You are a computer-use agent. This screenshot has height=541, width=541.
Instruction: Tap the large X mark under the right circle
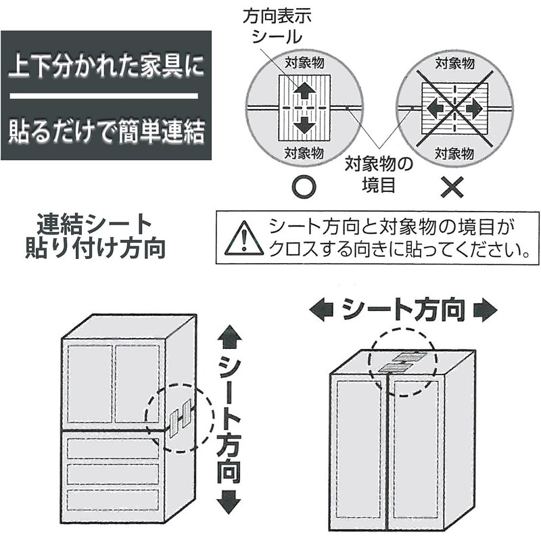click(x=452, y=185)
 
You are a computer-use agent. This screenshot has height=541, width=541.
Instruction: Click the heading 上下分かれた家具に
click(x=105, y=70)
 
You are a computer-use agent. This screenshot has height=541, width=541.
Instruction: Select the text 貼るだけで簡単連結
click(x=105, y=131)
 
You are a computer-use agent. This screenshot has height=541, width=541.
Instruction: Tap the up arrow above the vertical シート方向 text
click(x=231, y=335)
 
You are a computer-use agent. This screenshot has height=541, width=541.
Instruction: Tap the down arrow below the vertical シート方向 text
click(x=231, y=501)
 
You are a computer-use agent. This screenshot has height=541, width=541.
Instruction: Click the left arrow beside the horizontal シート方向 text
click(x=322, y=310)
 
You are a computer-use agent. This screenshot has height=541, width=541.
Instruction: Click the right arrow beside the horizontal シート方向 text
click(x=484, y=310)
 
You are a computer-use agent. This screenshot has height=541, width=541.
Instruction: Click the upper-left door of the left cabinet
click(x=89, y=383)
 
